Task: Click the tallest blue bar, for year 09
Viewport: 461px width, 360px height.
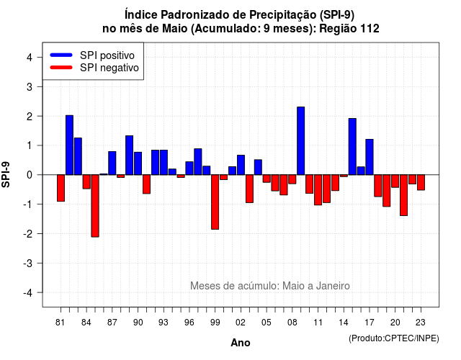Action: tap(301, 141)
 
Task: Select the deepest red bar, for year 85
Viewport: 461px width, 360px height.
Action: tap(95, 206)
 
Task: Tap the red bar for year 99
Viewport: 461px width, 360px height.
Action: tap(215, 202)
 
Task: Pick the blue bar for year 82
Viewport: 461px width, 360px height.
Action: tap(69, 145)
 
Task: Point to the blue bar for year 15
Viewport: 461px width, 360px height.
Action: tap(352, 147)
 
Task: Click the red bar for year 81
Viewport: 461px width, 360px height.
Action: tap(61, 188)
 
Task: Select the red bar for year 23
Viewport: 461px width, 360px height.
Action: tap(421, 182)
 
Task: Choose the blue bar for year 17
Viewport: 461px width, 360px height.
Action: tap(370, 157)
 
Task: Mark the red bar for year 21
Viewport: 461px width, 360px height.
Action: tap(403, 195)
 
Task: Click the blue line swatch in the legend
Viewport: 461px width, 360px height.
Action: tap(61, 55)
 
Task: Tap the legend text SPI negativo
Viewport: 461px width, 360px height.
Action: tap(109, 68)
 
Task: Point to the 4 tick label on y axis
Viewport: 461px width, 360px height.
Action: tap(30, 58)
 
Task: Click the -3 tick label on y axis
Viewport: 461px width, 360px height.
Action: tap(27, 264)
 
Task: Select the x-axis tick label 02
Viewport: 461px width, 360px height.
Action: tap(241, 323)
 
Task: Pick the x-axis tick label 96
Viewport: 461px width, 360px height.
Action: tap(189, 323)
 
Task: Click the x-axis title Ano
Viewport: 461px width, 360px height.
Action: tap(241, 343)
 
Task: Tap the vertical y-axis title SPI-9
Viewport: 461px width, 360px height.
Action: tap(6, 174)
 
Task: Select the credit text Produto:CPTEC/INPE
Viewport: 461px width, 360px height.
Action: tap(394, 338)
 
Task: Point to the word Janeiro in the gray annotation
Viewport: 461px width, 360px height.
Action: tap(333, 286)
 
